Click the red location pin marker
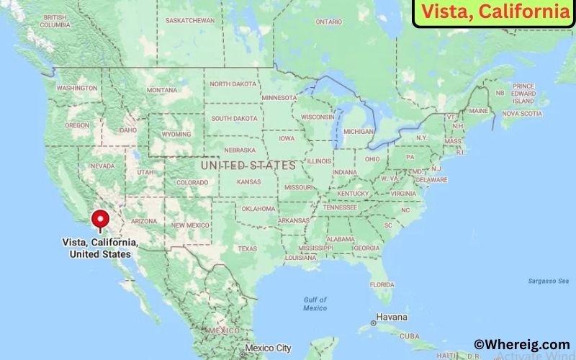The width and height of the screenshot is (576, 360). (99, 218)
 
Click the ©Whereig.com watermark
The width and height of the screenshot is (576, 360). (521, 344)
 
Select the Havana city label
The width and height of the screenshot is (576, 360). (392, 317)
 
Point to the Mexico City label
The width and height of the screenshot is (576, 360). (268, 348)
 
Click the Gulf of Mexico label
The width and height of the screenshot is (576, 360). (315, 303)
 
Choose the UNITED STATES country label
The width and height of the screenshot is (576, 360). (248, 166)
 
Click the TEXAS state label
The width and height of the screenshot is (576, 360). (247, 248)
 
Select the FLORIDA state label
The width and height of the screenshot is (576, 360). (381, 284)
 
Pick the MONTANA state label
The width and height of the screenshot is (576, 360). (161, 90)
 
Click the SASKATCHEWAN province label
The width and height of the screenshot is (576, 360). (190, 20)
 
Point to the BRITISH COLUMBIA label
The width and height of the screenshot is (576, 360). (55, 20)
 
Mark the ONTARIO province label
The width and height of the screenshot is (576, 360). (328, 22)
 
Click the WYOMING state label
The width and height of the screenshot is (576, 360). (176, 135)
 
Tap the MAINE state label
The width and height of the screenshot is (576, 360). (478, 111)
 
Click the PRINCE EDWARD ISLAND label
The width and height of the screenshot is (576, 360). (523, 93)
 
